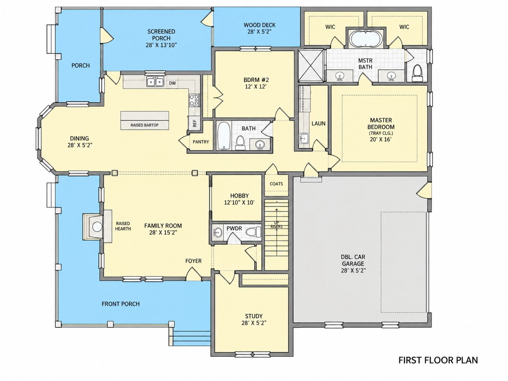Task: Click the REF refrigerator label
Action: tap(195, 123)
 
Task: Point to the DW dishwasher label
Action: tap(172, 83)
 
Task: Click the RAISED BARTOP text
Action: tap(145, 125)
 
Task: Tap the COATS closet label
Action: tap(276, 184)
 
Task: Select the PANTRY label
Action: tap(201, 142)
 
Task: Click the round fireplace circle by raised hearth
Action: tap(97, 227)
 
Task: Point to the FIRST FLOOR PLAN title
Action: tap(438, 360)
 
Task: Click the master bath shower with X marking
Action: tap(310, 66)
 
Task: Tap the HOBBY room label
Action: tap(239, 196)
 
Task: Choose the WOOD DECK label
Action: tap(260, 25)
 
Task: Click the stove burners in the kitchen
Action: tap(194, 100)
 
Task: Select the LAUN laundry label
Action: tap(319, 123)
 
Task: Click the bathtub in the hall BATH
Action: tap(224, 136)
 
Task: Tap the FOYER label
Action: tap(193, 261)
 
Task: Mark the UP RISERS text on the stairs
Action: tap(276, 225)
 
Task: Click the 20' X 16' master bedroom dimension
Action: tap(381, 139)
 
